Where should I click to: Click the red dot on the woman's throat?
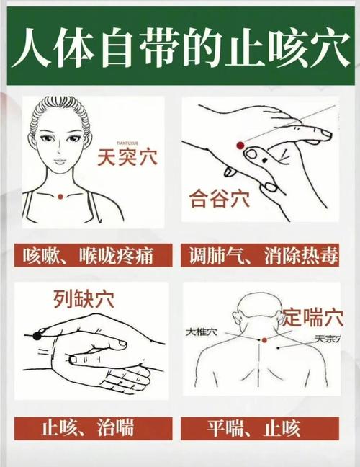(x=60, y=196)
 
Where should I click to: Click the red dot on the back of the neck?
(x=264, y=339)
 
